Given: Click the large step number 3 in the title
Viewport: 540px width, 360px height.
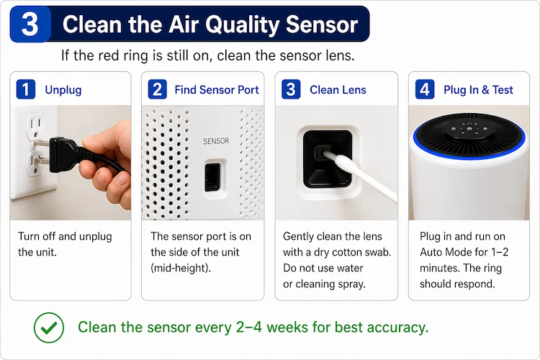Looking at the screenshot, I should click(30, 24).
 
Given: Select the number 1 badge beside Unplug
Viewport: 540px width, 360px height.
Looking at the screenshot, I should click(26, 89).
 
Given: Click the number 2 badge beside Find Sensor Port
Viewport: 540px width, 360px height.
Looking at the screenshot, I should click(158, 89).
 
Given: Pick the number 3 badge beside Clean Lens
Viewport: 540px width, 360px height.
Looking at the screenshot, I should click(291, 89).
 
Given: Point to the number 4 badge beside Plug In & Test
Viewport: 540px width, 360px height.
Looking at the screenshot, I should click(424, 89).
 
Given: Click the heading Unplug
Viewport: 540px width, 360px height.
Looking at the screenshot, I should click(63, 90).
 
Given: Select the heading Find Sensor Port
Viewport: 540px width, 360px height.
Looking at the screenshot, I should click(216, 90).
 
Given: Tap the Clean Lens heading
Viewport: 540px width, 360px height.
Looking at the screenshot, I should click(338, 90).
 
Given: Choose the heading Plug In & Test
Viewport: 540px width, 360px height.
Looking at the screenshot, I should click(478, 90).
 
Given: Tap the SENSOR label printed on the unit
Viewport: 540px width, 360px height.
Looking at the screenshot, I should click(216, 141).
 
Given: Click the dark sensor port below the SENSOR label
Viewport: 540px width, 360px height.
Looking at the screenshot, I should click(212, 176).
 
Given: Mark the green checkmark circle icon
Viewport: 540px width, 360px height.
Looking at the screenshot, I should click(48, 327).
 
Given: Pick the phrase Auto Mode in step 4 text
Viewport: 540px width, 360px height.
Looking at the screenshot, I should click(446, 251).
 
